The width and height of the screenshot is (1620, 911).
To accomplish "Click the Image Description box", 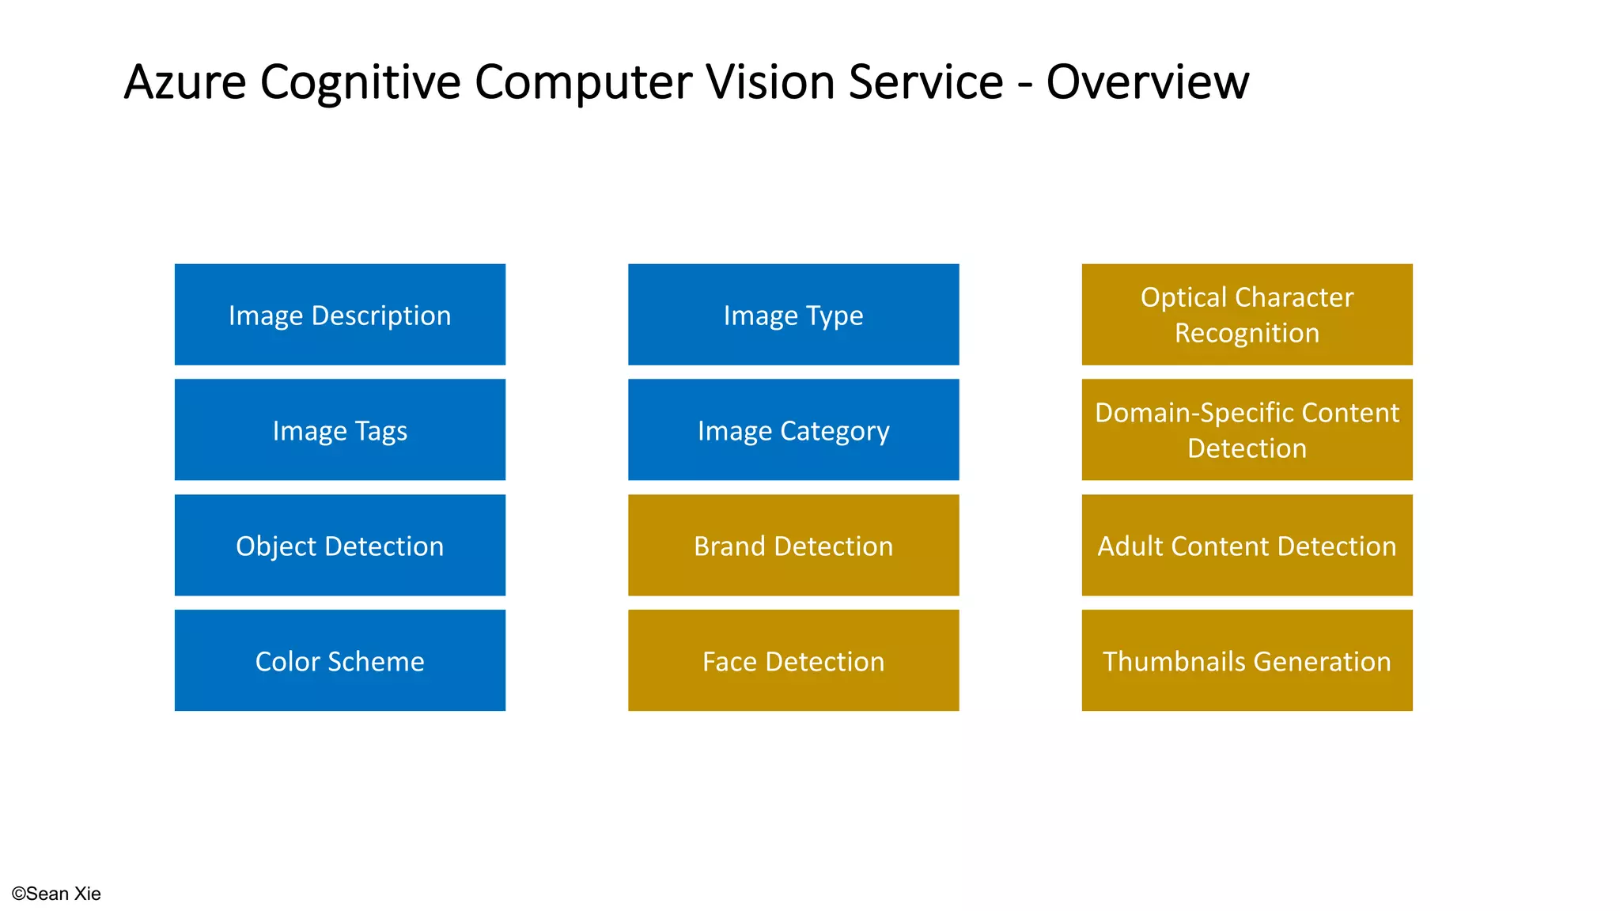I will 339,315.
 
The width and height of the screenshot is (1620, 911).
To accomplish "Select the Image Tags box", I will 339,430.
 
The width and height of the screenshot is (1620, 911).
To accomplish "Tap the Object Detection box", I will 339,546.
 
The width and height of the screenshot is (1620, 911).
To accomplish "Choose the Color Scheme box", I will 339,660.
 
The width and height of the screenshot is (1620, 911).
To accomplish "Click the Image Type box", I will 793,315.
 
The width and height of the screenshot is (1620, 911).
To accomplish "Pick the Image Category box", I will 793,430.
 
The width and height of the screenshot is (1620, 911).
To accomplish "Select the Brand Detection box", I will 793,546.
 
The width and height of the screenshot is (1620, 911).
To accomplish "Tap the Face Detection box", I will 793,660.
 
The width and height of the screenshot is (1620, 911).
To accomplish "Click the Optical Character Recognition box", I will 1247,315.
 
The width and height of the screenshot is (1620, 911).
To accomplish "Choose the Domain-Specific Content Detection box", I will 1247,430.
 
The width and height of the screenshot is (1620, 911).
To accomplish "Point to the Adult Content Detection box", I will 1247,546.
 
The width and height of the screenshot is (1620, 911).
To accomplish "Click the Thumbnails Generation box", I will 1247,660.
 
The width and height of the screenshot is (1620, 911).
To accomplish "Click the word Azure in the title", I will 185,82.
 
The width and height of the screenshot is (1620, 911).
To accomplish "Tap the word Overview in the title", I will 1147,82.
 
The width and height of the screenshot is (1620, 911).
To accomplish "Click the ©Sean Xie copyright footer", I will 56,894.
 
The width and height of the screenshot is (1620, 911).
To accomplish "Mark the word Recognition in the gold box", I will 1247,333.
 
